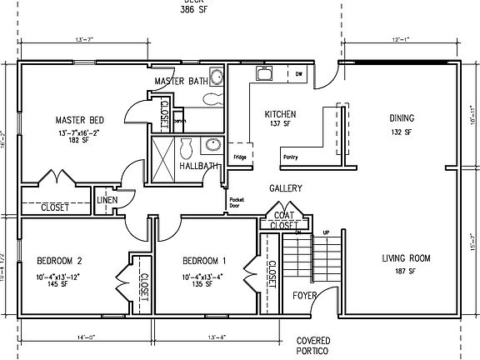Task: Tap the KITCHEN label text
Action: tap(279, 114)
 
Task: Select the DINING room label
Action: tap(402, 118)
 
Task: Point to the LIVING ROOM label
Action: tap(406, 258)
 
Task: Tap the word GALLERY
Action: tap(285, 188)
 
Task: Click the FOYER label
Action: tap(304, 294)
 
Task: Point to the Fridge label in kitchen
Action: tap(239, 156)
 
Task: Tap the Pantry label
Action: tap(291, 156)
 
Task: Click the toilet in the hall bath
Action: tap(187, 147)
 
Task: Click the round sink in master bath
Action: tap(215, 78)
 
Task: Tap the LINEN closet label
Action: tap(106, 201)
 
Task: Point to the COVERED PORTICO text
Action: tap(313, 347)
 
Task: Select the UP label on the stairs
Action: tap(326, 232)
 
